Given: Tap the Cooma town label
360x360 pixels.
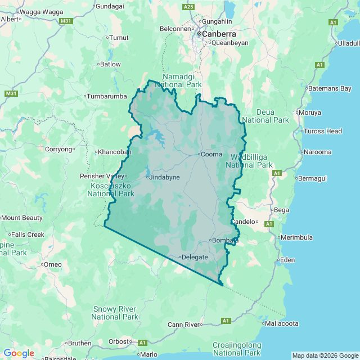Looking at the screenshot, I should (212, 154).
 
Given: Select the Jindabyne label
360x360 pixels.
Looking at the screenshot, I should (165, 177).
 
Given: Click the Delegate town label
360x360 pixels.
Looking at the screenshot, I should (195, 257).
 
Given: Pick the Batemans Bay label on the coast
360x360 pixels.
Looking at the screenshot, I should (330, 88).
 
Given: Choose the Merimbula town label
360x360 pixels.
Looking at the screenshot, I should (298, 237).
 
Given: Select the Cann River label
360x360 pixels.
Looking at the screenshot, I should (184, 325).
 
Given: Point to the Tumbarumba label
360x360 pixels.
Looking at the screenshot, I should (107, 96).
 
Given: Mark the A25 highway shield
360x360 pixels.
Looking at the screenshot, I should (188, 7).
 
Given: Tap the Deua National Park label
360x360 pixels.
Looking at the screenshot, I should (265, 116).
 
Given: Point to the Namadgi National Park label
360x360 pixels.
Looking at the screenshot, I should (182, 80).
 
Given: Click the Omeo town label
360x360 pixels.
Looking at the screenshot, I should (53, 264).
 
